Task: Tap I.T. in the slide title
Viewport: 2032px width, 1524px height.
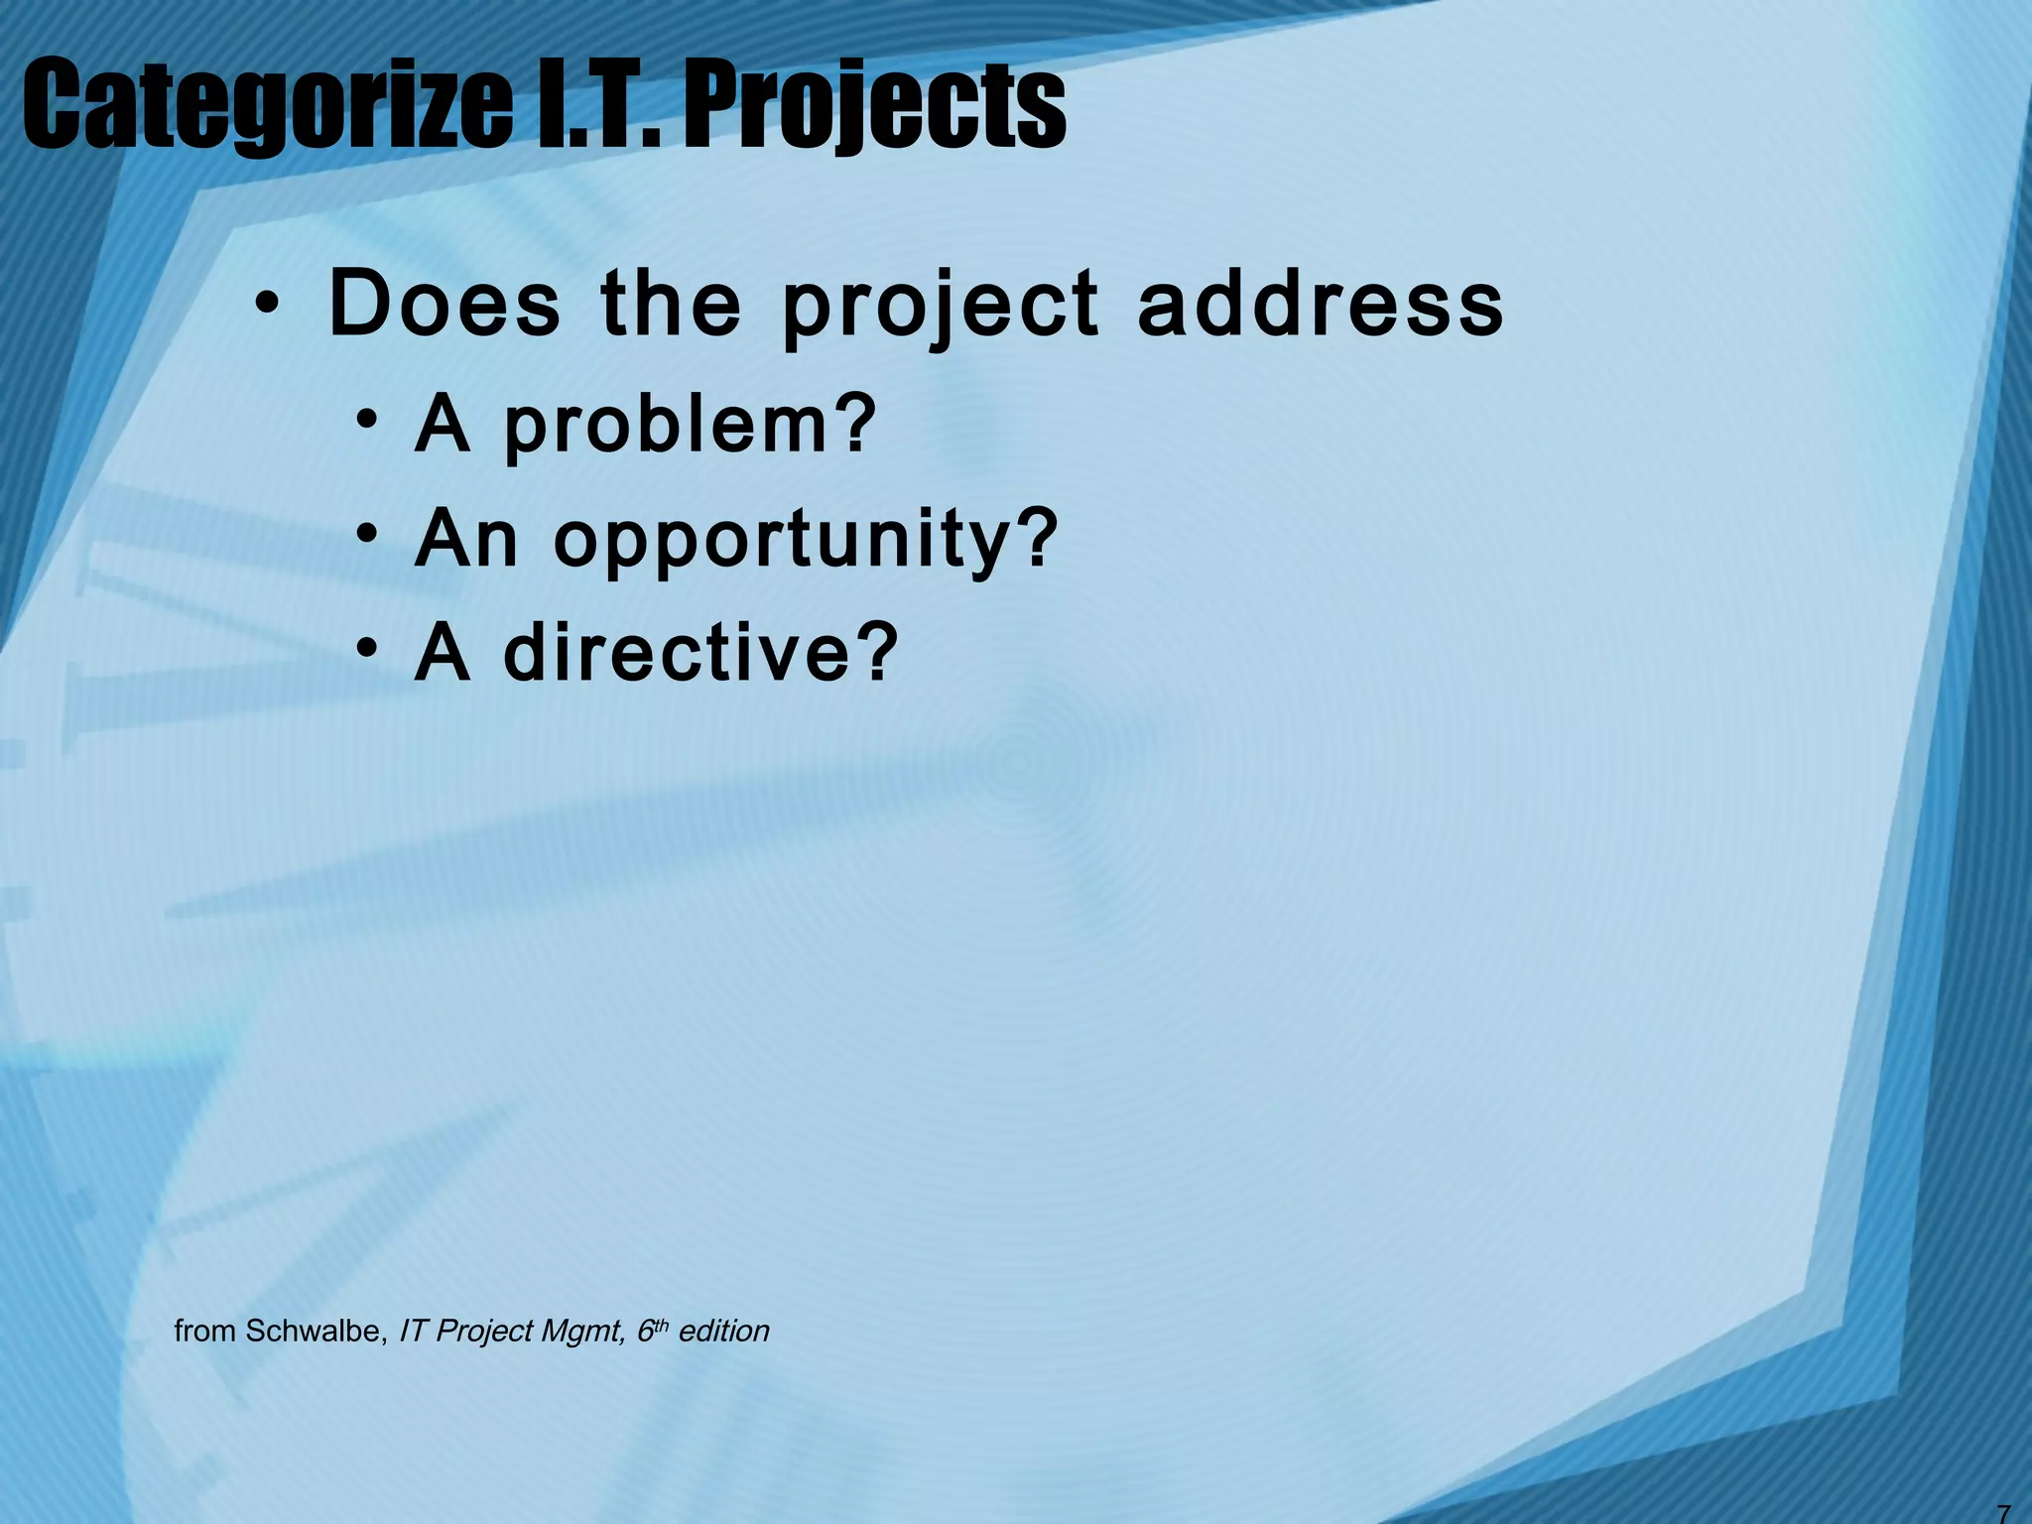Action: coord(594,104)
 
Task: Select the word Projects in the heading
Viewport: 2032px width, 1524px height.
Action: coord(874,104)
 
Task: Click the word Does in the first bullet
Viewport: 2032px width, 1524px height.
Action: coord(444,304)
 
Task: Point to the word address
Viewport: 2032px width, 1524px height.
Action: coord(1321,304)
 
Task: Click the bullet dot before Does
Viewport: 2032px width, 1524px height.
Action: coord(266,306)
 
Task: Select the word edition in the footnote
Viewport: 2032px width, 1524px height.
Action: coord(724,1331)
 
